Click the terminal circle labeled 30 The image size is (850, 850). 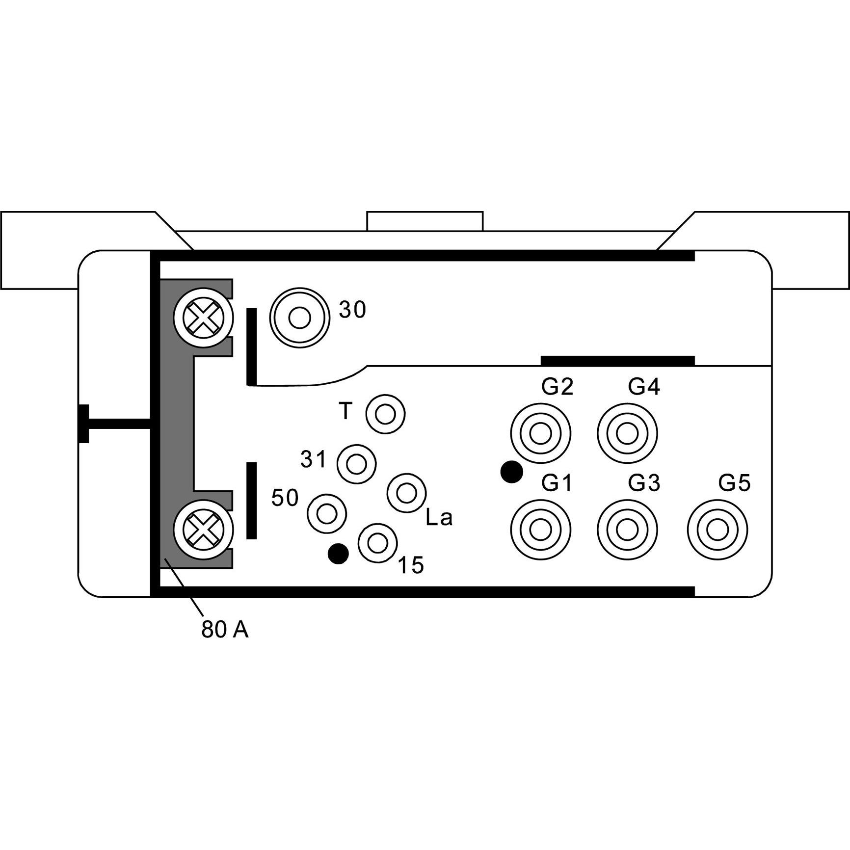(299, 318)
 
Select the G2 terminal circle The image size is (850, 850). (540, 434)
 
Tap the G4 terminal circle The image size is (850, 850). (627, 434)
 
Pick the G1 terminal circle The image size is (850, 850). (540, 530)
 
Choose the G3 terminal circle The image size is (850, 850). (627, 530)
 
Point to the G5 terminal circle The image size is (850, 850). (717, 530)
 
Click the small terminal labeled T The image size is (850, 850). (385, 414)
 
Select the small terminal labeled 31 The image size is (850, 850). (356, 463)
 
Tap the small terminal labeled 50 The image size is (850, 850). (326, 513)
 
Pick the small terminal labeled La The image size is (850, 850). (406, 493)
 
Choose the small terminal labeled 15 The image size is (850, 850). (377, 543)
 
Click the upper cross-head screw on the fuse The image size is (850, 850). (203, 318)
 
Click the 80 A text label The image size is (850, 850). (225, 630)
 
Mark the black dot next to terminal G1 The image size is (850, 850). (511, 472)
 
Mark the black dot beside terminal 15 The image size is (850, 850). (338, 554)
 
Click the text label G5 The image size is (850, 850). (734, 483)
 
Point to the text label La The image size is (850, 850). (439, 518)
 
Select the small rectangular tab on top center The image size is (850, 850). (425, 221)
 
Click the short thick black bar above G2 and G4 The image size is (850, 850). (617, 361)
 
